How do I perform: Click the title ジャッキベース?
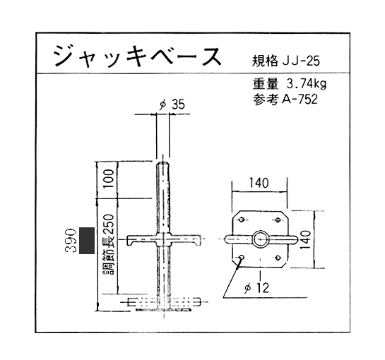tap(138, 56)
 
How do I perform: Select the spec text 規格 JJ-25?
tap(286, 61)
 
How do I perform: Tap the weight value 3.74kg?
tap(307, 84)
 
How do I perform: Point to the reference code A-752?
tap(300, 100)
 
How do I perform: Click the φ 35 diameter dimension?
tap(172, 104)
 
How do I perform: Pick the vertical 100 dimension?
tap(108, 179)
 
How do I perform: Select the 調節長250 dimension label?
tap(108, 245)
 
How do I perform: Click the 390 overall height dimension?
tap(70, 241)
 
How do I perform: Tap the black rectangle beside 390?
tap(87, 241)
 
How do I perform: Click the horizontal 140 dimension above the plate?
tap(259, 183)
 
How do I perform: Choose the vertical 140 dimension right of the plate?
tap(305, 239)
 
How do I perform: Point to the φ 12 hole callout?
tap(257, 287)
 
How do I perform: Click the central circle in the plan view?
tap(261, 239)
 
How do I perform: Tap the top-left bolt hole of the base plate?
tap(242, 220)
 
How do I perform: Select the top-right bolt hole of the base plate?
tap(278, 220)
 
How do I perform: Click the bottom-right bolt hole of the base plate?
tap(278, 258)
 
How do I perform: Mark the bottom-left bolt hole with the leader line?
tap(242, 258)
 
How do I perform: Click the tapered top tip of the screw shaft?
tap(162, 164)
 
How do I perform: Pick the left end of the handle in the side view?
tap(127, 240)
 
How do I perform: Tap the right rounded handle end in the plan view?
tap(294, 239)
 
